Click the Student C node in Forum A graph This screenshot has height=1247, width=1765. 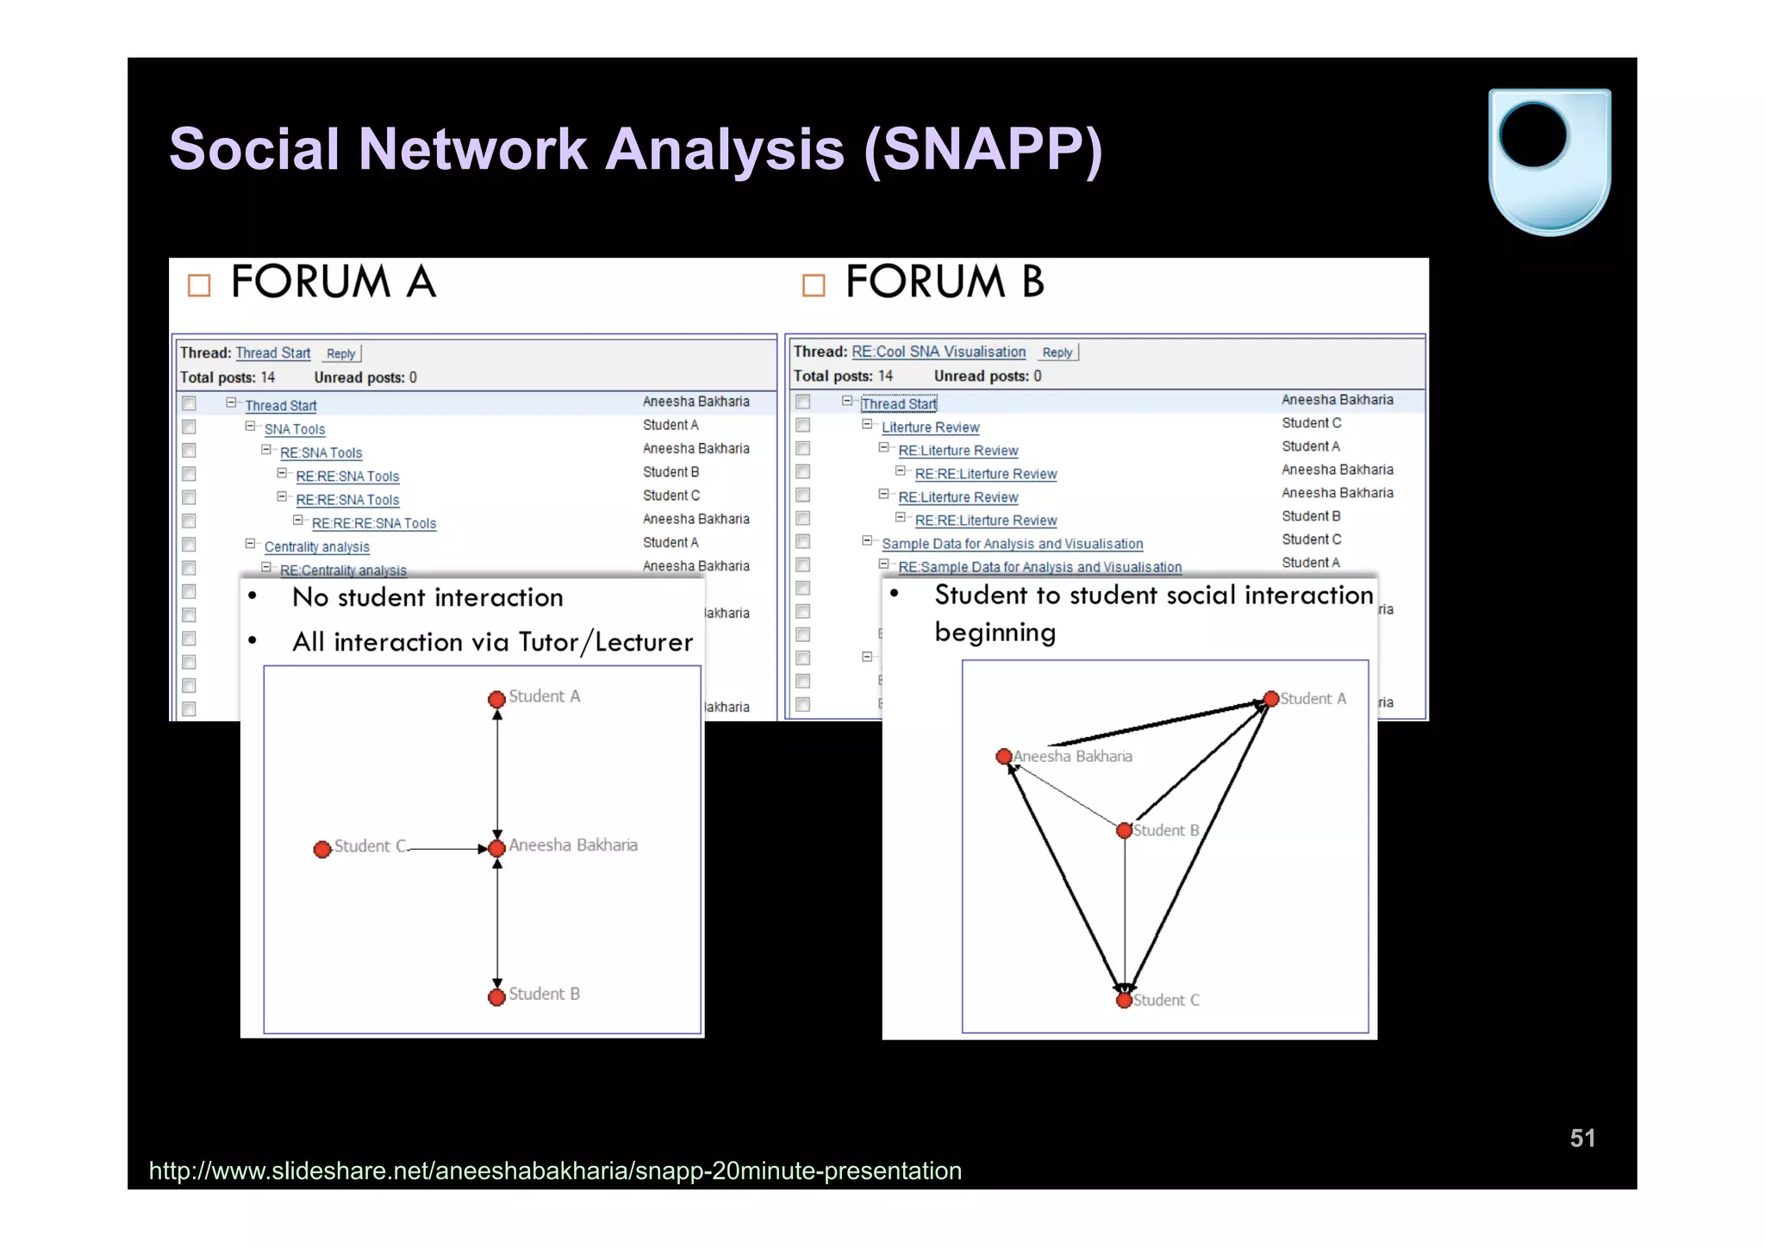pyautogui.click(x=322, y=850)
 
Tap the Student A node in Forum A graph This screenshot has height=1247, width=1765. pyautogui.click(x=496, y=699)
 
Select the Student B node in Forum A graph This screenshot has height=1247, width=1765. pyautogui.click(x=496, y=997)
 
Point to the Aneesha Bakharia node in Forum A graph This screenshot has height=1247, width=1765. pyautogui.click(x=496, y=848)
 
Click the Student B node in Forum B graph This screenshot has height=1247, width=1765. pyautogui.click(x=1124, y=831)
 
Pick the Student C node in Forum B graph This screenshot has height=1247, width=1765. pyautogui.click(x=1124, y=1001)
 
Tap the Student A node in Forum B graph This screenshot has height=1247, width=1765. pyautogui.click(x=1270, y=699)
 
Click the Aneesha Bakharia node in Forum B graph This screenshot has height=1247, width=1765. pyautogui.click(x=1003, y=757)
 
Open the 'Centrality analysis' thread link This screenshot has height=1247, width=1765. pyautogui.click(x=316, y=546)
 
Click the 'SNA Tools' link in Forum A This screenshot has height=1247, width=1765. pyautogui.click(x=294, y=429)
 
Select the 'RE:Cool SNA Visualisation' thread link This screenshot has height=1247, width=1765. pyautogui.click(x=939, y=352)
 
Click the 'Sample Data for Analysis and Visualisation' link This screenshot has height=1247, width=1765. pyautogui.click(x=1012, y=544)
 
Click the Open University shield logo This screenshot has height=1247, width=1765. pyautogui.click(x=1550, y=161)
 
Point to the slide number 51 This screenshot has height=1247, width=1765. pyautogui.click(x=1582, y=1138)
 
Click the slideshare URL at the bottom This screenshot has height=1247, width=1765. pyautogui.click(x=555, y=1170)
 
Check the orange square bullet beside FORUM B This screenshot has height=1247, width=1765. pyautogui.click(x=814, y=285)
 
